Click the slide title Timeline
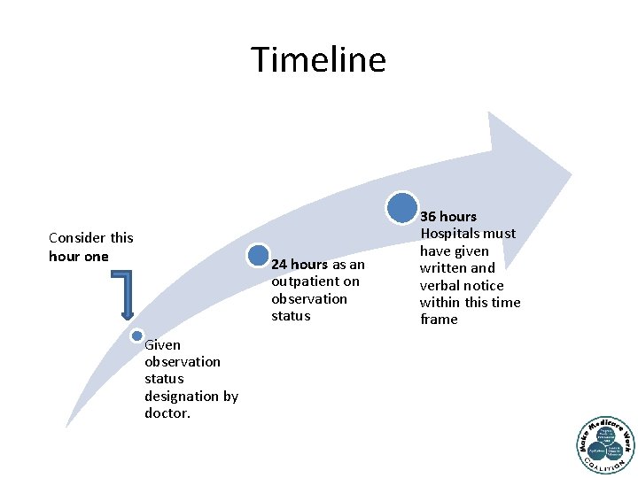point(319,59)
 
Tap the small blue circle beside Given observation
point(136,335)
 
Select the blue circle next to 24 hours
point(258,256)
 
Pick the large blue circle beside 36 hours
point(402,207)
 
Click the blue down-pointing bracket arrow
point(126,295)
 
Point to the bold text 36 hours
point(448,216)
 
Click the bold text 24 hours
point(300,264)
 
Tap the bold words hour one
point(79,256)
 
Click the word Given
point(162,344)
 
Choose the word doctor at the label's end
point(167,413)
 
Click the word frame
point(439,320)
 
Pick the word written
point(444,267)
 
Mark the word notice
point(483,285)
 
